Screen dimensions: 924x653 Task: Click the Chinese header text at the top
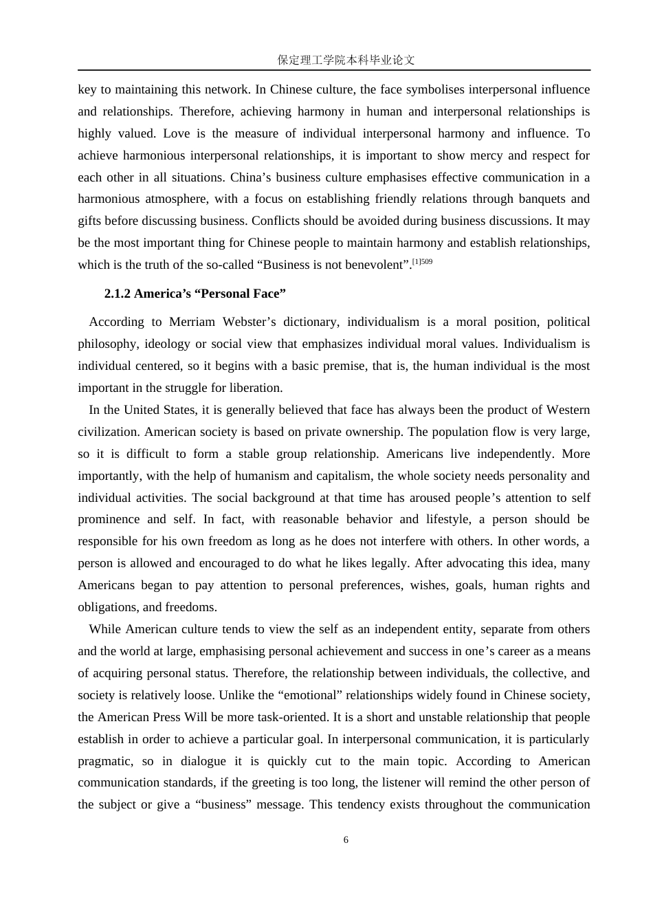pos(346,60)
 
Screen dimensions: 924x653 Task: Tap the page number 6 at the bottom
pos(346,840)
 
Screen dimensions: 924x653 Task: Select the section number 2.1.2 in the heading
pos(118,294)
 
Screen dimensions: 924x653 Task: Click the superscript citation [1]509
pos(422,262)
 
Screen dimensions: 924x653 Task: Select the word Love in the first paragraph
pos(177,133)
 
